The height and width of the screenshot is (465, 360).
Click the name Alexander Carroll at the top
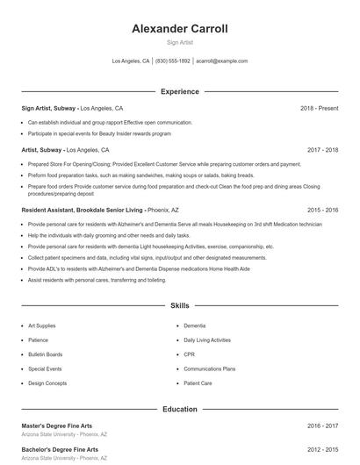pyautogui.click(x=179, y=29)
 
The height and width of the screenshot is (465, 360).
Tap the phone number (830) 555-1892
pyautogui.click(x=173, y=61)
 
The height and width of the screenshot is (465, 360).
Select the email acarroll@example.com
pyautogui.click(x=221, y=61)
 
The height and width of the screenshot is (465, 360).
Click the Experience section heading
pyautogui.click(x=179, y=91)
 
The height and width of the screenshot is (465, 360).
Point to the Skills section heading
pyautogui.click(x=179, y=306)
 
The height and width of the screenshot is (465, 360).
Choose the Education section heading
pyautogui.click(x=179, y=409)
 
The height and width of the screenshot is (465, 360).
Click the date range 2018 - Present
pyautogui.click(x=319, y=108)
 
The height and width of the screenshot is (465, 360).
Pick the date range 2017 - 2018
pyautogui.click(x=322, y=150)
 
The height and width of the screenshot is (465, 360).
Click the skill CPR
pyautogui.click(x=190, y=354)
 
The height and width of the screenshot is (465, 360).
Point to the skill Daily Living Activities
pyautogui.click(x=207, y=340)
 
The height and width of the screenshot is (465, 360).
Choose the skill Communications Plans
pyautogui.click(x=209, y=369)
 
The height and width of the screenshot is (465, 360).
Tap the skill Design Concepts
pyautogui.click(x=47, y=383)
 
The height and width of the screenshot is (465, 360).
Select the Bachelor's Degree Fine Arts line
pyautogui.click(x=61, y=450)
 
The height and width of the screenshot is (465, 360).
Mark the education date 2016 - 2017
pyautogui.click(x=322, y=426)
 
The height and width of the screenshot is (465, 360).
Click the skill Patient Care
pyautogui.click(x=198, y=383)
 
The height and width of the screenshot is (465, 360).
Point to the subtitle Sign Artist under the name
pyautogui.click(x=179, y=42)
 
